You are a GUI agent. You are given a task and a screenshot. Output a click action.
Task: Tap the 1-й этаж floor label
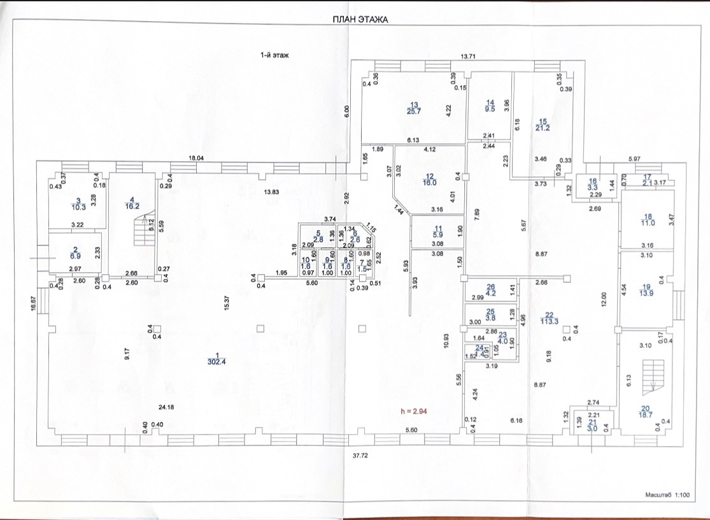tap(274, 56)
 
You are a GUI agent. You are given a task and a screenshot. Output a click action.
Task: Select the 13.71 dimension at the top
tap(468, 57)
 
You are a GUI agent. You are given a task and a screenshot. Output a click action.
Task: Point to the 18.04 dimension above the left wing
tap(195, 159)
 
